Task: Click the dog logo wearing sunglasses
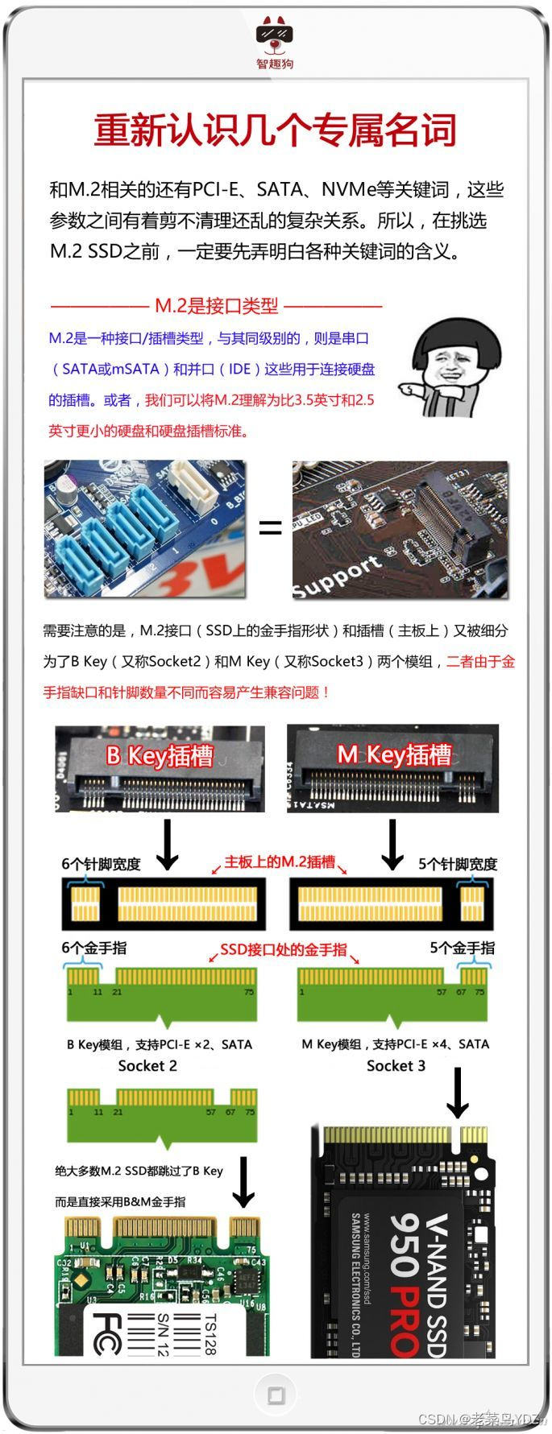pos(275,34)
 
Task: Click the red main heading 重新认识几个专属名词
pos(276,130)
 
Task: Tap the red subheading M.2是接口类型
pos(216,306)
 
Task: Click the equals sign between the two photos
pos(270,528)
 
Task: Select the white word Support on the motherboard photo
pos(337,576)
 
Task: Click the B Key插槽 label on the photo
pos(160,756)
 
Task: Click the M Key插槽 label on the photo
pos(394,754)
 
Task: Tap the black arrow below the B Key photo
pos(167,845)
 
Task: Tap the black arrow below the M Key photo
pos(392,845)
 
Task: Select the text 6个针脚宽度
pos(101,864)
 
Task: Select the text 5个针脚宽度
pos(458,864)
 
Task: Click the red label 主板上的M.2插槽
pos(279,862)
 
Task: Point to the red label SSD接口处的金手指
pos(283,950)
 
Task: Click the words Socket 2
pos(147,1066)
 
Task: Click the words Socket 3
pos(396,1066)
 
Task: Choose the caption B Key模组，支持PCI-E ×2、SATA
pos(159,1044)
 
